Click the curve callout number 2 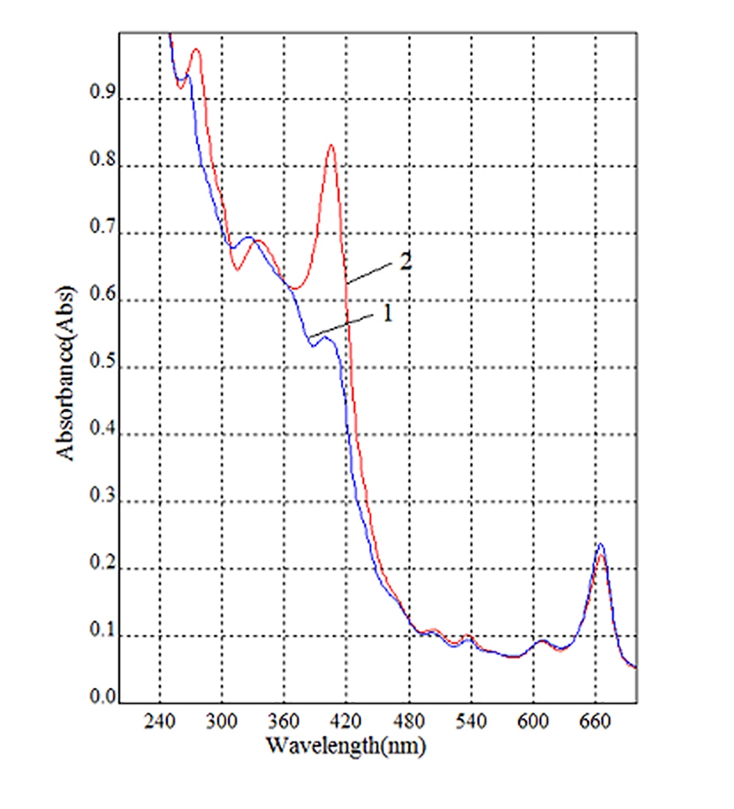pyautogui.click(x=405, y=262)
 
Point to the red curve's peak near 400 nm pyautogui.click(x=331, y=145)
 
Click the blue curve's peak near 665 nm pyautogui.click(x=600, y=544)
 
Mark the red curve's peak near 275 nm pyautogui.click(x=197, y=50)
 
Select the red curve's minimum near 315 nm pyautogui.click(x=238, y=270)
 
